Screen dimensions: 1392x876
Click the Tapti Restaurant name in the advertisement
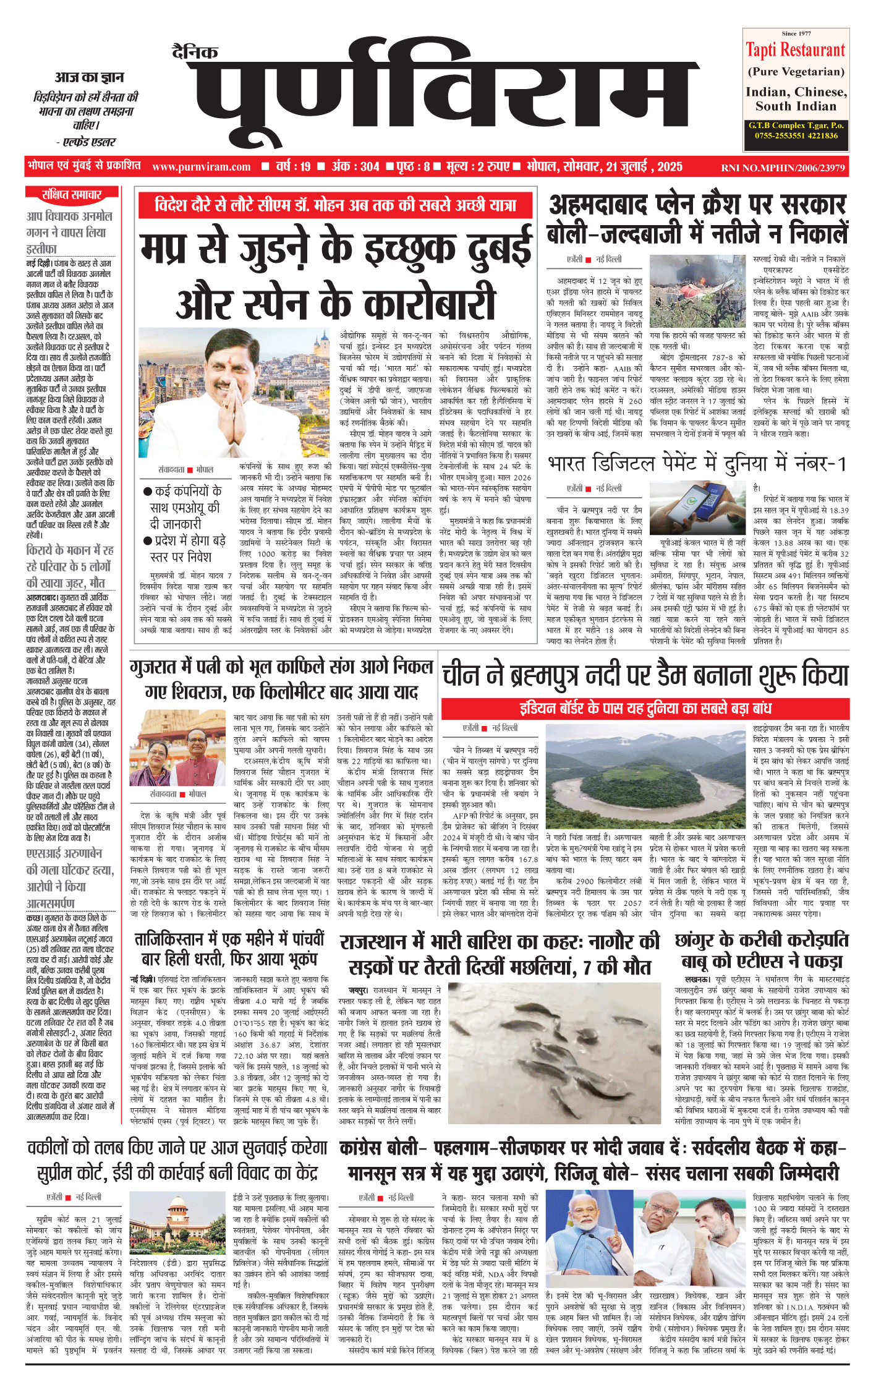(x=795, y=50)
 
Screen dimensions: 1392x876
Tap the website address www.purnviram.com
(x=202, y=167)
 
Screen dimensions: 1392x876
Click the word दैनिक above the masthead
(x=195, y=53)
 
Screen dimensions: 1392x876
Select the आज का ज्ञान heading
(x=89, y=78)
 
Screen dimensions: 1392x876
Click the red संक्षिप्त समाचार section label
(x=72, y=195)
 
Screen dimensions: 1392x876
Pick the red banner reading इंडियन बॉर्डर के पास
(x=645, y=708)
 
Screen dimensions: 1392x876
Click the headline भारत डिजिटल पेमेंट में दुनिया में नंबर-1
(x=697, y=464)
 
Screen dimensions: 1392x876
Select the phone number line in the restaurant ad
(x=796, y=135)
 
